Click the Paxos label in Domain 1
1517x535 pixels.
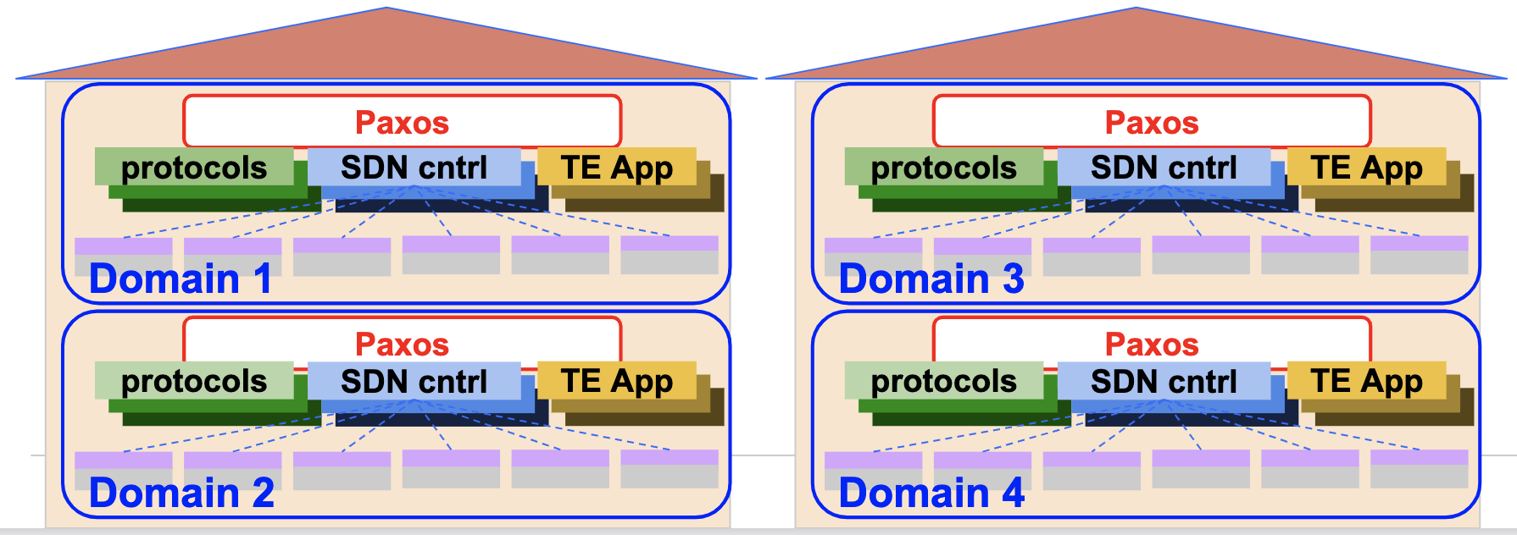pos(402,123)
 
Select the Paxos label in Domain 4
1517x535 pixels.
pos(1152,345)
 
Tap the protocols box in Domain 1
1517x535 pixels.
pos(194,168)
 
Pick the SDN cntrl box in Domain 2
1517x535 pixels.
pos(414,382)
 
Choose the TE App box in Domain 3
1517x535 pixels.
pos(1366,168)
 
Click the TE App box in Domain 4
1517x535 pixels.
pos(1366,382)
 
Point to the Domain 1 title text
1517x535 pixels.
pos(181,279)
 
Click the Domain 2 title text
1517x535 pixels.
pos(181,493)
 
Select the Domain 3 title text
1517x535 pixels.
pos(931,279)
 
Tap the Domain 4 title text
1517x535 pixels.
pos(931,493)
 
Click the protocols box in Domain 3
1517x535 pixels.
pos(944,168)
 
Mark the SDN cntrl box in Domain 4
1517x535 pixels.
pos(1164,382)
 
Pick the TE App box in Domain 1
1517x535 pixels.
pos(616,168)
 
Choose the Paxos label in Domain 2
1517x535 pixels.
pos(402,345)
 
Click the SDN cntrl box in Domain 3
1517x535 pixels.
pos(1164,168)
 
